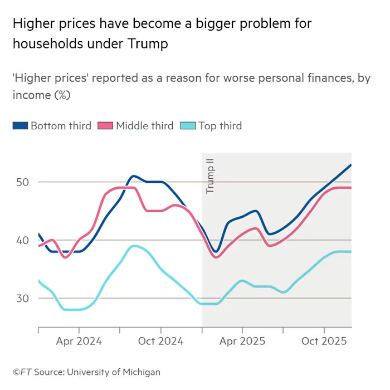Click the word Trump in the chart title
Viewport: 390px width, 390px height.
click(148, 44)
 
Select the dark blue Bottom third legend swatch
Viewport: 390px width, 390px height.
click(21, 125)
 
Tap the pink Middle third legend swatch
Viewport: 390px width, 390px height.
click(105, 125)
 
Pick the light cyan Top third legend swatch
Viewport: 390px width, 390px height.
click(188, 125)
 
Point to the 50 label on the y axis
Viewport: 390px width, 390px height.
click(23, 182)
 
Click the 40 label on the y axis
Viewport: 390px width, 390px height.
click(23, 241)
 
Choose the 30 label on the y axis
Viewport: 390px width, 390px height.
click(23, 299)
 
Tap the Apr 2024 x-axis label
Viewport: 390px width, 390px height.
click(79, 341)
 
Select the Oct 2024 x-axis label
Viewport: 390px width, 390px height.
click(161, 341)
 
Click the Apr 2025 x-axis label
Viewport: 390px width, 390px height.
click(242, 341)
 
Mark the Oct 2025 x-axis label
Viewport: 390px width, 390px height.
click(324, 341)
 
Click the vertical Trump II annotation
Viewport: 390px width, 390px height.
click(210, 176)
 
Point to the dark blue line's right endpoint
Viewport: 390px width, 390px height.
click(350, 165)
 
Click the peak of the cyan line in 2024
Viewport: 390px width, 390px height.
click(134, 246)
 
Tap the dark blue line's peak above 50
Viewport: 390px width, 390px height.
click(133, 176)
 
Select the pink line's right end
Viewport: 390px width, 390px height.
click(350, 188)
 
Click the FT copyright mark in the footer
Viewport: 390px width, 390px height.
click(22, 372)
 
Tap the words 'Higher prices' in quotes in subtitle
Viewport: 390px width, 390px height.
click(51, 78)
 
